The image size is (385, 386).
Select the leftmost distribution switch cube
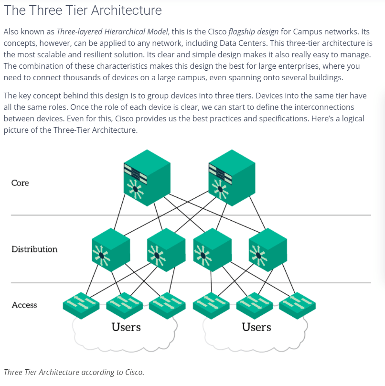coord(110,249)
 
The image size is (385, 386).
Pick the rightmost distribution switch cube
coord(267,249)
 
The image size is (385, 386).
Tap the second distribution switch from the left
coord(166,249)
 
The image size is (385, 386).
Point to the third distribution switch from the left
coord(213,249)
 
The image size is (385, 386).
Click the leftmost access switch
coord(81,303)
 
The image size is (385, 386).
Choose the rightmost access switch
coord(297,303)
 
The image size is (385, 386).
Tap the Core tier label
coord(20,183)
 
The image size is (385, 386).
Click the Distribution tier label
coord(34,249)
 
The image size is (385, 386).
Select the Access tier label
coord(24,305)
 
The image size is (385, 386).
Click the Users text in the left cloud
coord(126,327)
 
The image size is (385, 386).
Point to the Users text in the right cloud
coord(257,327)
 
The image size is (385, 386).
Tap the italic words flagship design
coord(255,32)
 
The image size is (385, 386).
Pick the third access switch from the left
coord(167,303)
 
